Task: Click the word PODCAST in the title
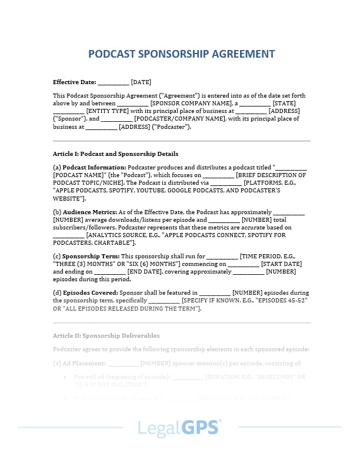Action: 112,54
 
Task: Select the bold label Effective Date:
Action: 74,82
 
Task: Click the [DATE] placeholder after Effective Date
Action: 141,82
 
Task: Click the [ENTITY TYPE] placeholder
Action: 108,111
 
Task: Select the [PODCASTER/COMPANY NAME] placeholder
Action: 180,119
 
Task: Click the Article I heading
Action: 115,154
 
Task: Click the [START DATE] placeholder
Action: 281,264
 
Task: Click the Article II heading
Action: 106,335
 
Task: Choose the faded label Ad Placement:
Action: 84,364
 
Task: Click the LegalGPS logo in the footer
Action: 179,427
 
